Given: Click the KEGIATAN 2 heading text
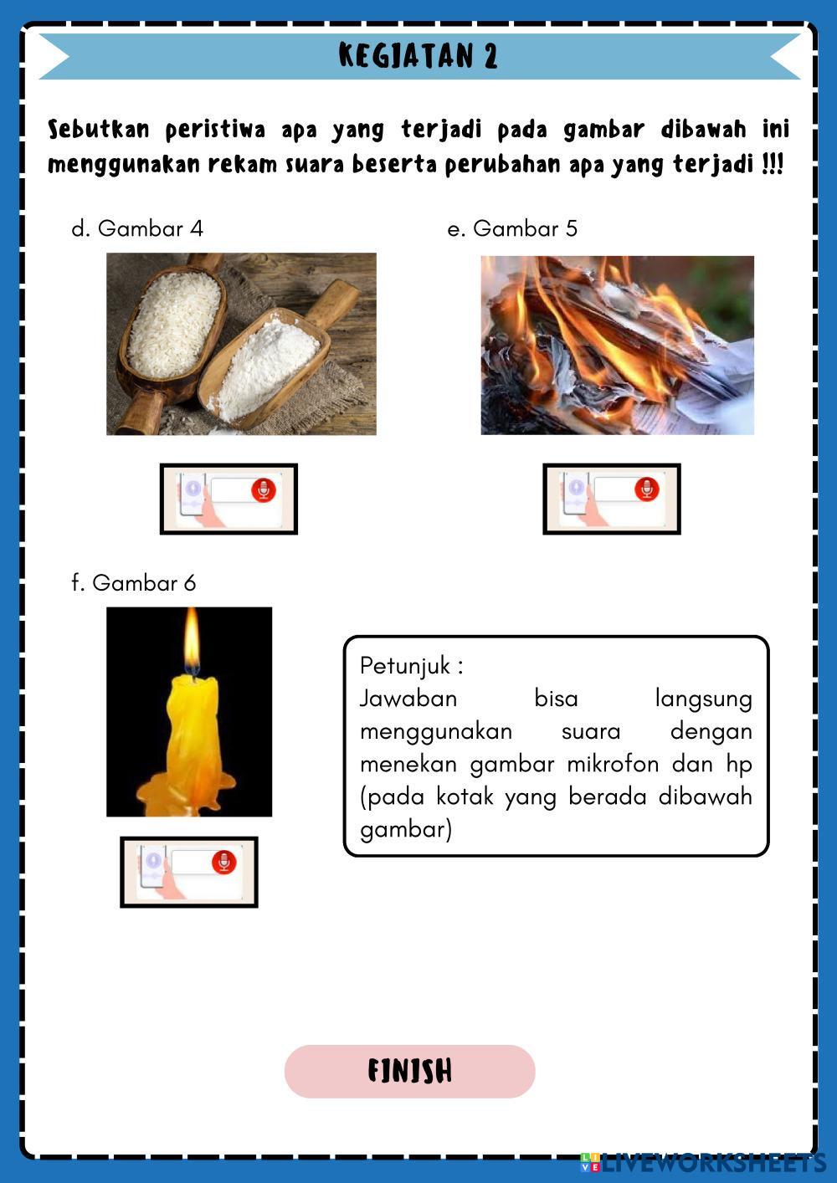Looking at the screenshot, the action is coord(418,55).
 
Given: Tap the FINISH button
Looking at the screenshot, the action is coord(409,1072).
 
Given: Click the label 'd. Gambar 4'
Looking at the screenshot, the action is coord(137,228).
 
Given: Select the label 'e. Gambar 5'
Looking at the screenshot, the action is coord(512,228).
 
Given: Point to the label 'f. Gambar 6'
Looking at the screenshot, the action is coord(134,583).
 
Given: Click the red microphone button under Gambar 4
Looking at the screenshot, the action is coord(263,490).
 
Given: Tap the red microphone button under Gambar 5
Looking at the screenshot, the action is coord(646,489).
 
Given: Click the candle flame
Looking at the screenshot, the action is coord(192,642).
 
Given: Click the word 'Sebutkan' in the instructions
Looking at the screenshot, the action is coord(99,130).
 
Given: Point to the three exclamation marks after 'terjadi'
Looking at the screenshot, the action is coord(773,164).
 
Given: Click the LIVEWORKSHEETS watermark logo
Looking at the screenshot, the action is coord(703,1163).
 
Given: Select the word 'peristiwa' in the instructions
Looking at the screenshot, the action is coord(216,131).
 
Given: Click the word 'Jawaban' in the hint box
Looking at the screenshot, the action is coord(408,699).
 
